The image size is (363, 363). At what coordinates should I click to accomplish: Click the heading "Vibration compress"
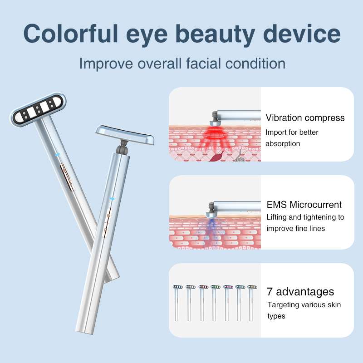(305, 118)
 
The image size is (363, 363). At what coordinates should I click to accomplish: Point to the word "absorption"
(283, 143)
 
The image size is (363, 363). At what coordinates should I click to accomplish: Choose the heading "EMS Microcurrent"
(304, 205)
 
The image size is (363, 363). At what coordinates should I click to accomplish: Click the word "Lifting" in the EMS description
(278, 217)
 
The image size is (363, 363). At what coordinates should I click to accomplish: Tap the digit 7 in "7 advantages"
(270, 291)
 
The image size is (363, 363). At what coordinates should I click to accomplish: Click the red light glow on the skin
(213, 133)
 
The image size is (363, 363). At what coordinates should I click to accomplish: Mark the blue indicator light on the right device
(111, 198)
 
